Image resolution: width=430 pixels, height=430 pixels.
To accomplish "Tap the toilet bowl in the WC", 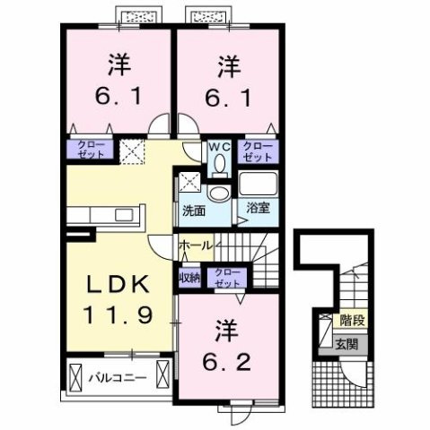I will [x=219, y=164].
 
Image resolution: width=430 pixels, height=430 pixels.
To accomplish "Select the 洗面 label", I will [x=194, y=211].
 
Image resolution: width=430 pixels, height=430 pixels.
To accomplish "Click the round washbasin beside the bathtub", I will [x=218, y=193].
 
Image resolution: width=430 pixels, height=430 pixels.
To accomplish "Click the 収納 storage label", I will [x=189, y=277].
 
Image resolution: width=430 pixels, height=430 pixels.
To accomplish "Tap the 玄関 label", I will [x=346, y=341].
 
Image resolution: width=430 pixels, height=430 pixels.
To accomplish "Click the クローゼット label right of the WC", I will [x=258, y=150].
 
